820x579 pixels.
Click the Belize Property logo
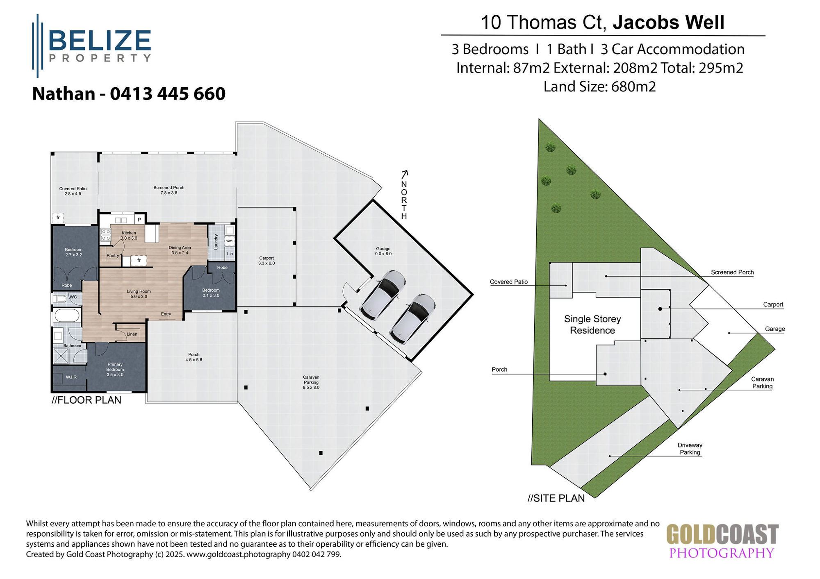pos(92,45)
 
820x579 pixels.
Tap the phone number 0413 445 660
pos(168,94)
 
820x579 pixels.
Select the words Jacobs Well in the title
pos(668,22)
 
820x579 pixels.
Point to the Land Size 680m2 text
pos(599,87)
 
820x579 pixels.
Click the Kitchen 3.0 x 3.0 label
pos(129,235)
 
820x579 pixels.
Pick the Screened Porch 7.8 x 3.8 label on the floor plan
pos(169,190)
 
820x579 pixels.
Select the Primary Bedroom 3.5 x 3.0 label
pos(115,369)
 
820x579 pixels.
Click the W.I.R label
pos(71,377)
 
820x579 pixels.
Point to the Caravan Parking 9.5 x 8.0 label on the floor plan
pos(311,382)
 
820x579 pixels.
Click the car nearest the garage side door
pos(383,295)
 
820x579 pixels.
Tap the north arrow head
pos(405,173)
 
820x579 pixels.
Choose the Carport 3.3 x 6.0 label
pos(266,261)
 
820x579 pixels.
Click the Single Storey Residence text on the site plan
pos(592,325)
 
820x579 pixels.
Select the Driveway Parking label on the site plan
pos(690,449)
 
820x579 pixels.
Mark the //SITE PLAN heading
pos(556,498)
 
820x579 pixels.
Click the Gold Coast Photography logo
pos(722,541)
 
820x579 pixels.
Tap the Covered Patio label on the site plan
pos(508,282)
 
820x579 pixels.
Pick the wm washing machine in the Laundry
pos(229,241)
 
